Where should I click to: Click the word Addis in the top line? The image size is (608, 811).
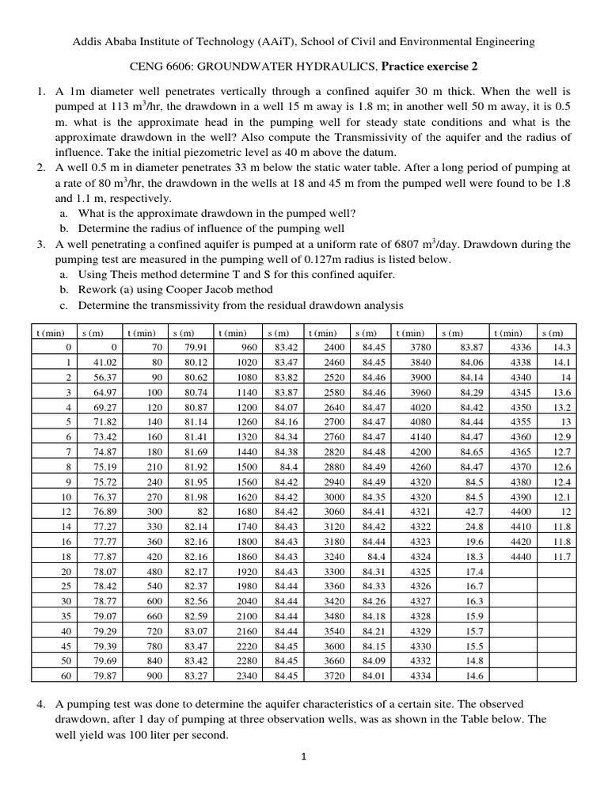(x=86, y=41)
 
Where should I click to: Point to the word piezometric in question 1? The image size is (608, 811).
(x=218, y=152)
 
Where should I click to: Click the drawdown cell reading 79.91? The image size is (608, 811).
(x=196, y=348)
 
